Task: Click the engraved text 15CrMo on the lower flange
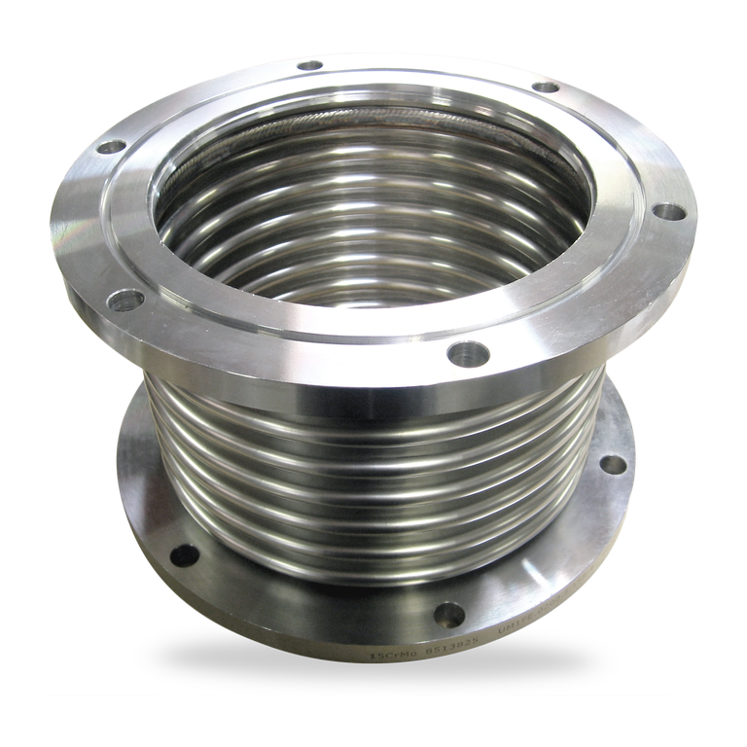click(389, 657)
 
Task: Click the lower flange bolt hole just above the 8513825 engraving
click(448, 614)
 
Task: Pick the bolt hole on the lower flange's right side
click(613, 464)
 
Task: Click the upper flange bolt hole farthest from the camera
click(309, 66)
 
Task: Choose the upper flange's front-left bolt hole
click(124, 301)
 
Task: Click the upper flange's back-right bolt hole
click(546, 88)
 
